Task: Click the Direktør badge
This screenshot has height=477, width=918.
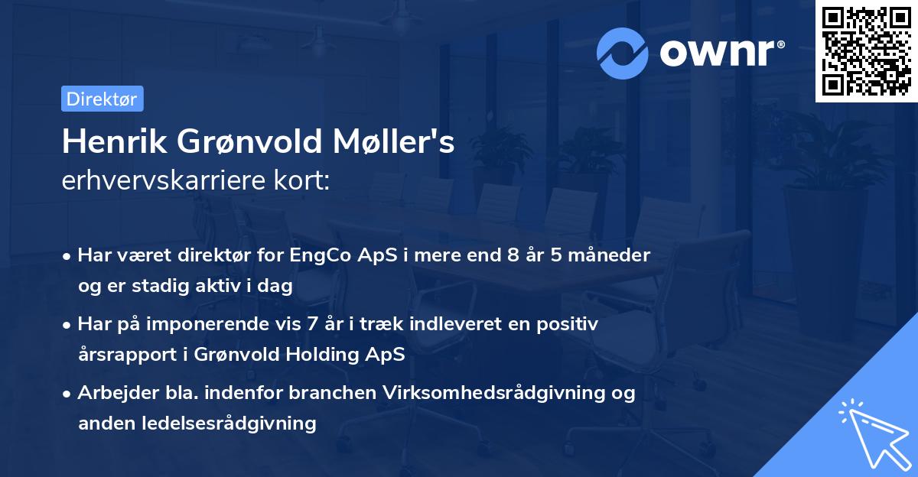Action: point(102,99)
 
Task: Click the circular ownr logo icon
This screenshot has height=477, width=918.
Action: point(622,53)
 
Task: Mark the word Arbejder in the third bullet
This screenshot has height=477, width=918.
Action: point(112,393)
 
